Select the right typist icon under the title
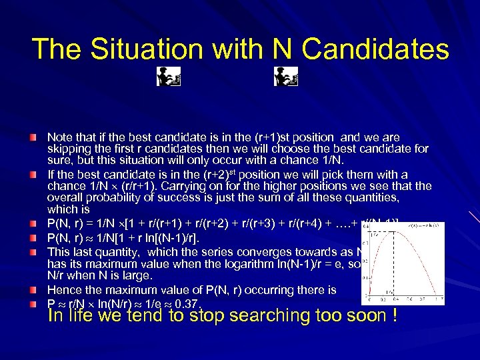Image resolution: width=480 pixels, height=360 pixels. (x=285, y=77)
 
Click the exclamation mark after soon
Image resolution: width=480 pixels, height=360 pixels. (x=396, y=315)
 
